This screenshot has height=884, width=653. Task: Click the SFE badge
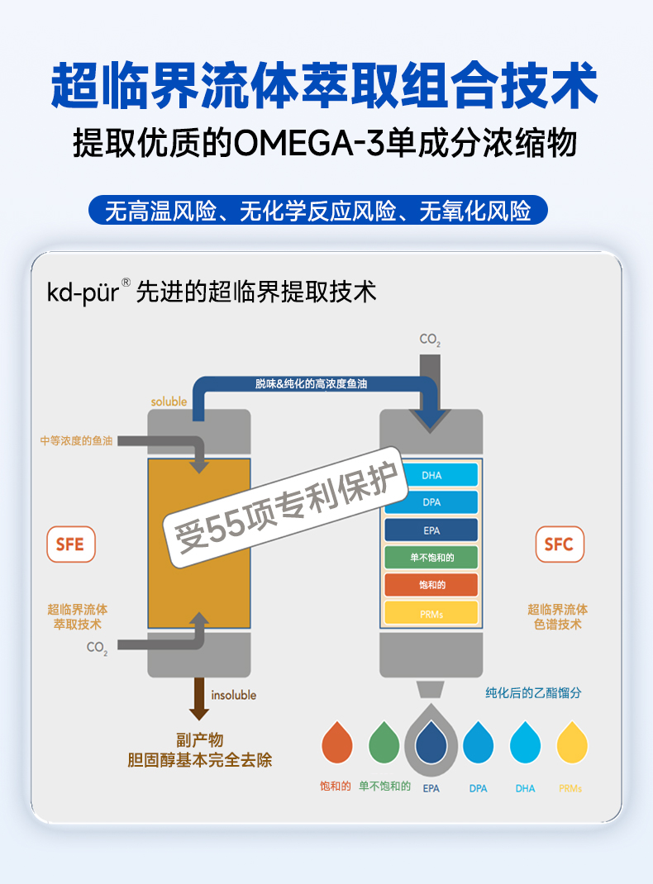pos(70,545)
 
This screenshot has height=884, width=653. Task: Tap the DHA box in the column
pos(431,475)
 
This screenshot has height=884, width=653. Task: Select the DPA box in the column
pos(431,502)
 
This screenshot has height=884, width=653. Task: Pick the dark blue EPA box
pos(431,530)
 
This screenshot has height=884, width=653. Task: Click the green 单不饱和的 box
pos(431,558)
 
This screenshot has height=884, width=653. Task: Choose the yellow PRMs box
pos(431,613)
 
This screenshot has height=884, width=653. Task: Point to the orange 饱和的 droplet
pos(336,742)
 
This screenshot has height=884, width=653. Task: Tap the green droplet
pos(384,742)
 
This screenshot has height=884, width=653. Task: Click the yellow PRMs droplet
pos(572,742)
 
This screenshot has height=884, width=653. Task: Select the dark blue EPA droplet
pos(431,742)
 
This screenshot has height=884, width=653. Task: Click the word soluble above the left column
pos(169,402)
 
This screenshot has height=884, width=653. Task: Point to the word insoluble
pos(234,695)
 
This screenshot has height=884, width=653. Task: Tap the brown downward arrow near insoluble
pos(199,698)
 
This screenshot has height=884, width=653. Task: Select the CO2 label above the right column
pos(430,340)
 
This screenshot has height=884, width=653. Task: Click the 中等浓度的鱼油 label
pos(76,440)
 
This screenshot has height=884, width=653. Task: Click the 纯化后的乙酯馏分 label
pos(532,693)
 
